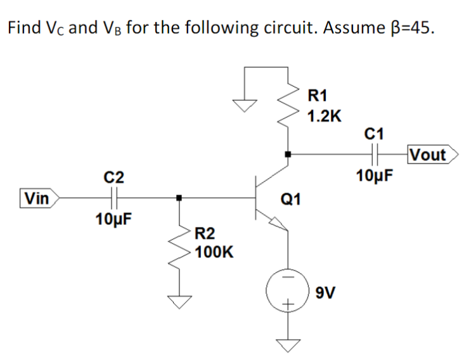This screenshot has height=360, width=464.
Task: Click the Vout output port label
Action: pos(429,154)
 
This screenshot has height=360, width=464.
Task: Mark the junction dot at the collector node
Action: pos(288,153)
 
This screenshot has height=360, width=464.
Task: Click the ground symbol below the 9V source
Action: pos(288,345)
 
